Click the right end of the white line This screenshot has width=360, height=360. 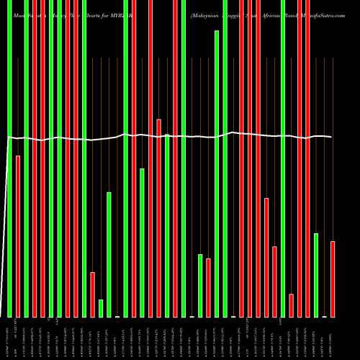(x=331, y=137)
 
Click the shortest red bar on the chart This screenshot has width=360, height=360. (x=292, y=305)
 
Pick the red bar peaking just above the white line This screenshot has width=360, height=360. (x=159, y=216)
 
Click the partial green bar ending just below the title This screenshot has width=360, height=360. (x=217, y=173)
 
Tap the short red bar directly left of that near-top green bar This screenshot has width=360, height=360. (x=208, y=287)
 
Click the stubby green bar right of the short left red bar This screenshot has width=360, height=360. (x=101, y=308)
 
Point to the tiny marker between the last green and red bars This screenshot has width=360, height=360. (x=324, y=316)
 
